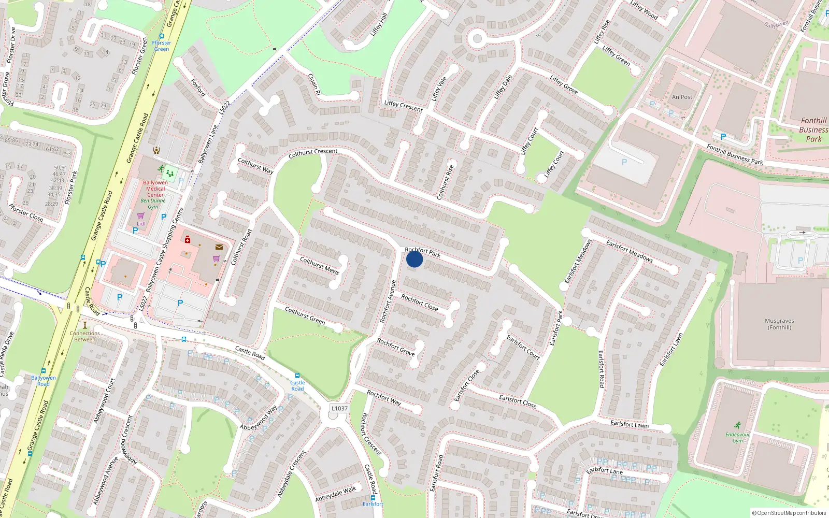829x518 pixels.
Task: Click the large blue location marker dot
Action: tap(414, 259)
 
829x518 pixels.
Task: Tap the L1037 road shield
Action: tap(339, 408)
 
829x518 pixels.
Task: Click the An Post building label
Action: tap(682, 97)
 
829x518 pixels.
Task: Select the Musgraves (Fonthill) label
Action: tap(779, 324)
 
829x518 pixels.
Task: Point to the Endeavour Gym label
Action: tap(737, 438)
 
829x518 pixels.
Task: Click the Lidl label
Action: tap(141, 224)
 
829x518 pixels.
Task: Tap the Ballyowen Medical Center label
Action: tap(155, 189)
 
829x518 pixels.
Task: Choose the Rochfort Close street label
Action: tap(420, 303)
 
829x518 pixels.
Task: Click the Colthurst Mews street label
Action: tap(320, 265)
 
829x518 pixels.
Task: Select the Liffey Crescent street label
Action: tap(403, 106)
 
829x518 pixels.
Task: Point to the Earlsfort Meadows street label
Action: tap(629, 251)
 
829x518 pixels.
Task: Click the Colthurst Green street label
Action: tap(305, 315)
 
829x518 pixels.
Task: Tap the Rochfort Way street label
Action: tap(384, 397)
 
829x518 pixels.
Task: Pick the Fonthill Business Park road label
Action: tap(735, 154)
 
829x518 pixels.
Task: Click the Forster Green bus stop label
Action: tap(162, 46)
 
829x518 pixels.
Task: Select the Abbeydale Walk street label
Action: tap(336, 494)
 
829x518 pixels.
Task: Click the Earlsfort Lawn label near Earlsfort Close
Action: tap(629, 424)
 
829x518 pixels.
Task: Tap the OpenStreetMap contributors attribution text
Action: tap(789, 513)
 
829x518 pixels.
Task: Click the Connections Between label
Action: tap(85, 336)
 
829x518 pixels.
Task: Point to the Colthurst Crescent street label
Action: tap(313, 153)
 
